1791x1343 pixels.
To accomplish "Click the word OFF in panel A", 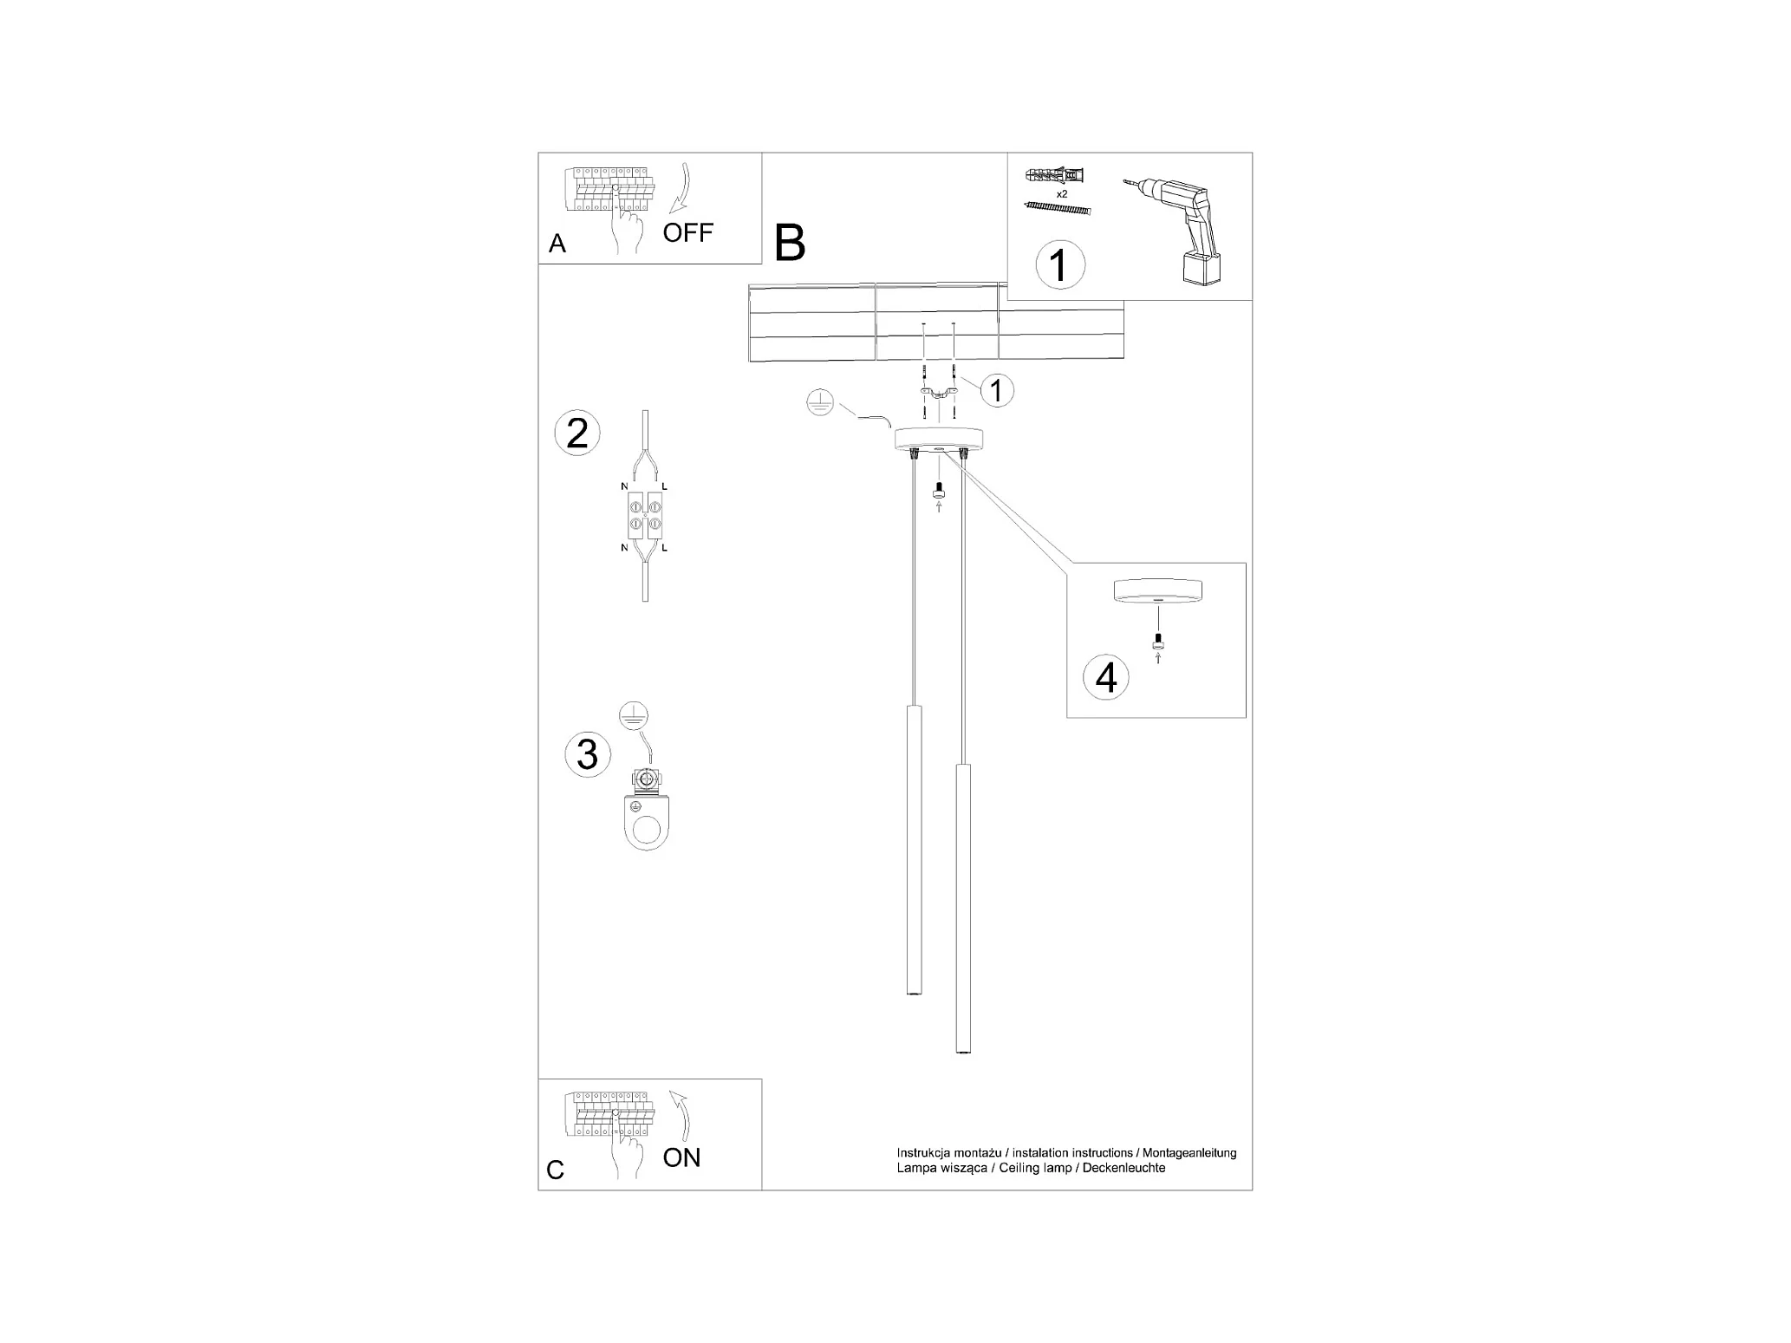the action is (x=687, y=232).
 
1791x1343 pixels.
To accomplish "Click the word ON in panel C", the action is (x=681, y=1157).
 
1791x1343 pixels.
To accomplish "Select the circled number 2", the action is (x=577, y=434).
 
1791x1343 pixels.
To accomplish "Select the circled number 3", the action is (x=587, y=754).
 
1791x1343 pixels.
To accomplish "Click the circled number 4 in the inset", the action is (x=1106, y=678).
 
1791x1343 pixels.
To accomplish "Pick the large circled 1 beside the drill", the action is (x=1059, y=264).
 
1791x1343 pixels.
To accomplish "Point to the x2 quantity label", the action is (x=1062, y=194).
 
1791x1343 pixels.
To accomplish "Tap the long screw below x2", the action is (x=1057, y=209).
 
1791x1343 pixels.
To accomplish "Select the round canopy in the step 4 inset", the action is (x=1156, y=592).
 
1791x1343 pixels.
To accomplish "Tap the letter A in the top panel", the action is (x=557, y=244).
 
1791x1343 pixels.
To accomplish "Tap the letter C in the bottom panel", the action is (x=556, y=1170).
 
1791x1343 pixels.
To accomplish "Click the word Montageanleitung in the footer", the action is (x=1189, y=1153).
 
